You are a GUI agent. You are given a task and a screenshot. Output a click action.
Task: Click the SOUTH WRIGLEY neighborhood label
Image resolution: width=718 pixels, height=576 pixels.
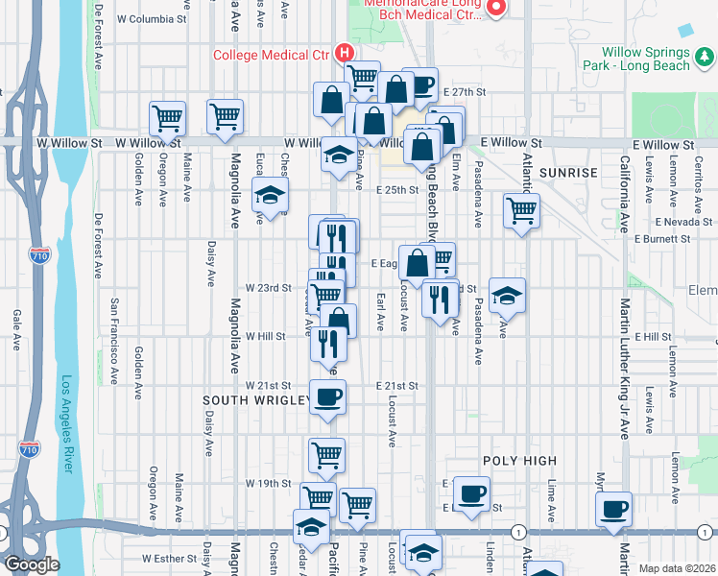tap(255, 399)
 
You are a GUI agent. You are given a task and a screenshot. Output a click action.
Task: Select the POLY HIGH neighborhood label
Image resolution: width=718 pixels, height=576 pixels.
tap(519, 462)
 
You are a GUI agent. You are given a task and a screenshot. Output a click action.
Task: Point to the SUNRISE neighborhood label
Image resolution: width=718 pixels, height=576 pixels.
tap(568, 173)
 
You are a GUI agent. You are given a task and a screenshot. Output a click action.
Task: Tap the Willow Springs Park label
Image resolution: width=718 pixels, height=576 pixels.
tap(636, 59)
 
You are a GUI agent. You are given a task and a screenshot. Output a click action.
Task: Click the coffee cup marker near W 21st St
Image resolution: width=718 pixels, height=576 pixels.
tap(327, 397)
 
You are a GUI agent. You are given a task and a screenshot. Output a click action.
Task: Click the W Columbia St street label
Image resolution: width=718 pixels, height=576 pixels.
tap(152, 19)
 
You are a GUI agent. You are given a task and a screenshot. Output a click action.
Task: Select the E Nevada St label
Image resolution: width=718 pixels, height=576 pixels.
tap(686, 222)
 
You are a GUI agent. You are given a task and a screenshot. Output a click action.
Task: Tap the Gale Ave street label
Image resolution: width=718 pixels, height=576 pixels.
tap(17, 329)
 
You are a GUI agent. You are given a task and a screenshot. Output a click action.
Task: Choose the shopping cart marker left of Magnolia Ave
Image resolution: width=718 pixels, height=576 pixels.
tap(167, 119)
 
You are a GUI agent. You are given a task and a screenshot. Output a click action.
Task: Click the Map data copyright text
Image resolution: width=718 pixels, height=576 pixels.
tap(678, 568)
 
